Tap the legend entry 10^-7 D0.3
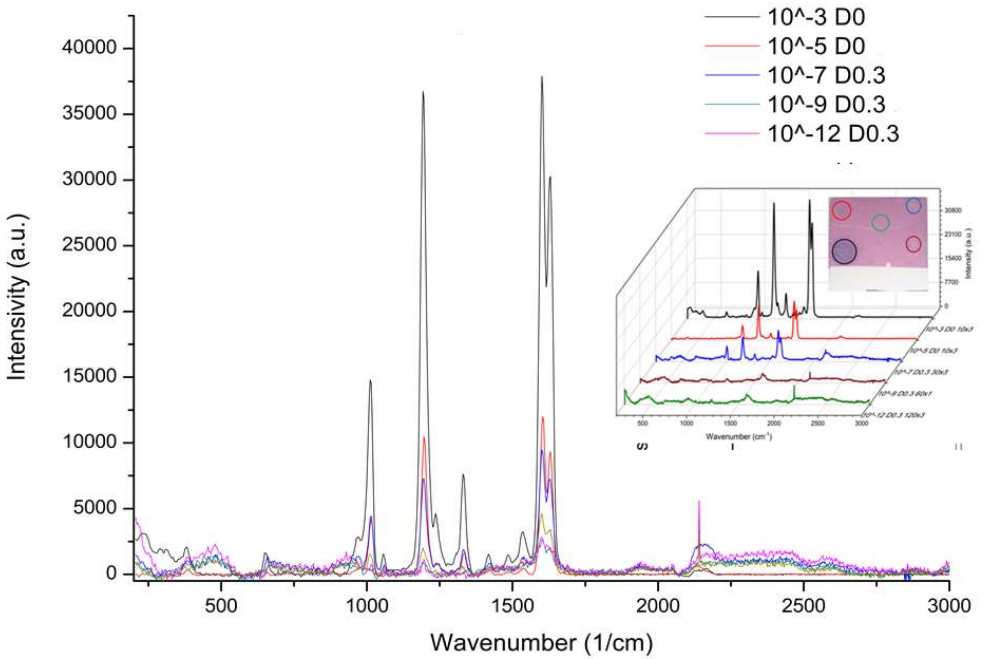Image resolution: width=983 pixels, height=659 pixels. (826, 76)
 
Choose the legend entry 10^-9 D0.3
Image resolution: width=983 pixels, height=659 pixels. (826, 105)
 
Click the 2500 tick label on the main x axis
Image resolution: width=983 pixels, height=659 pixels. (803, 606)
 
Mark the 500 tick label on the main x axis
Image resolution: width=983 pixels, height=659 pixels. (221, 606)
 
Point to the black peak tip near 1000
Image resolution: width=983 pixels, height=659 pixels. (370, 380)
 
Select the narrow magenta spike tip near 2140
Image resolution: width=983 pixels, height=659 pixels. (699, 501)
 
